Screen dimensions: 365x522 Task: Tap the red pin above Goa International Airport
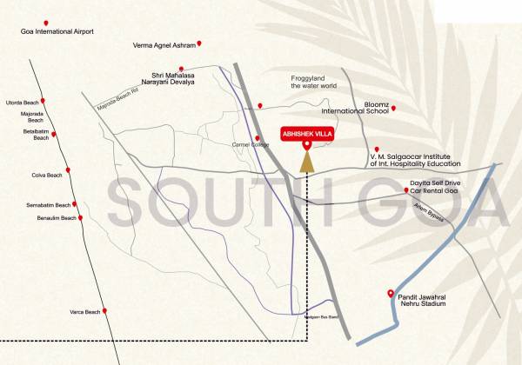pos(46,22)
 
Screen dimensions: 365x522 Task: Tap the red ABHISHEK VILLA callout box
pos(306,134)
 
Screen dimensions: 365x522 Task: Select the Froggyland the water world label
pos(313,82)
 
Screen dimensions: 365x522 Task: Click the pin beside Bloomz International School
pos(393,108)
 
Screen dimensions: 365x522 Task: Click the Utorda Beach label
pos(23,103)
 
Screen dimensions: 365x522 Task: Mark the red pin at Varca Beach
pos(102,310)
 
